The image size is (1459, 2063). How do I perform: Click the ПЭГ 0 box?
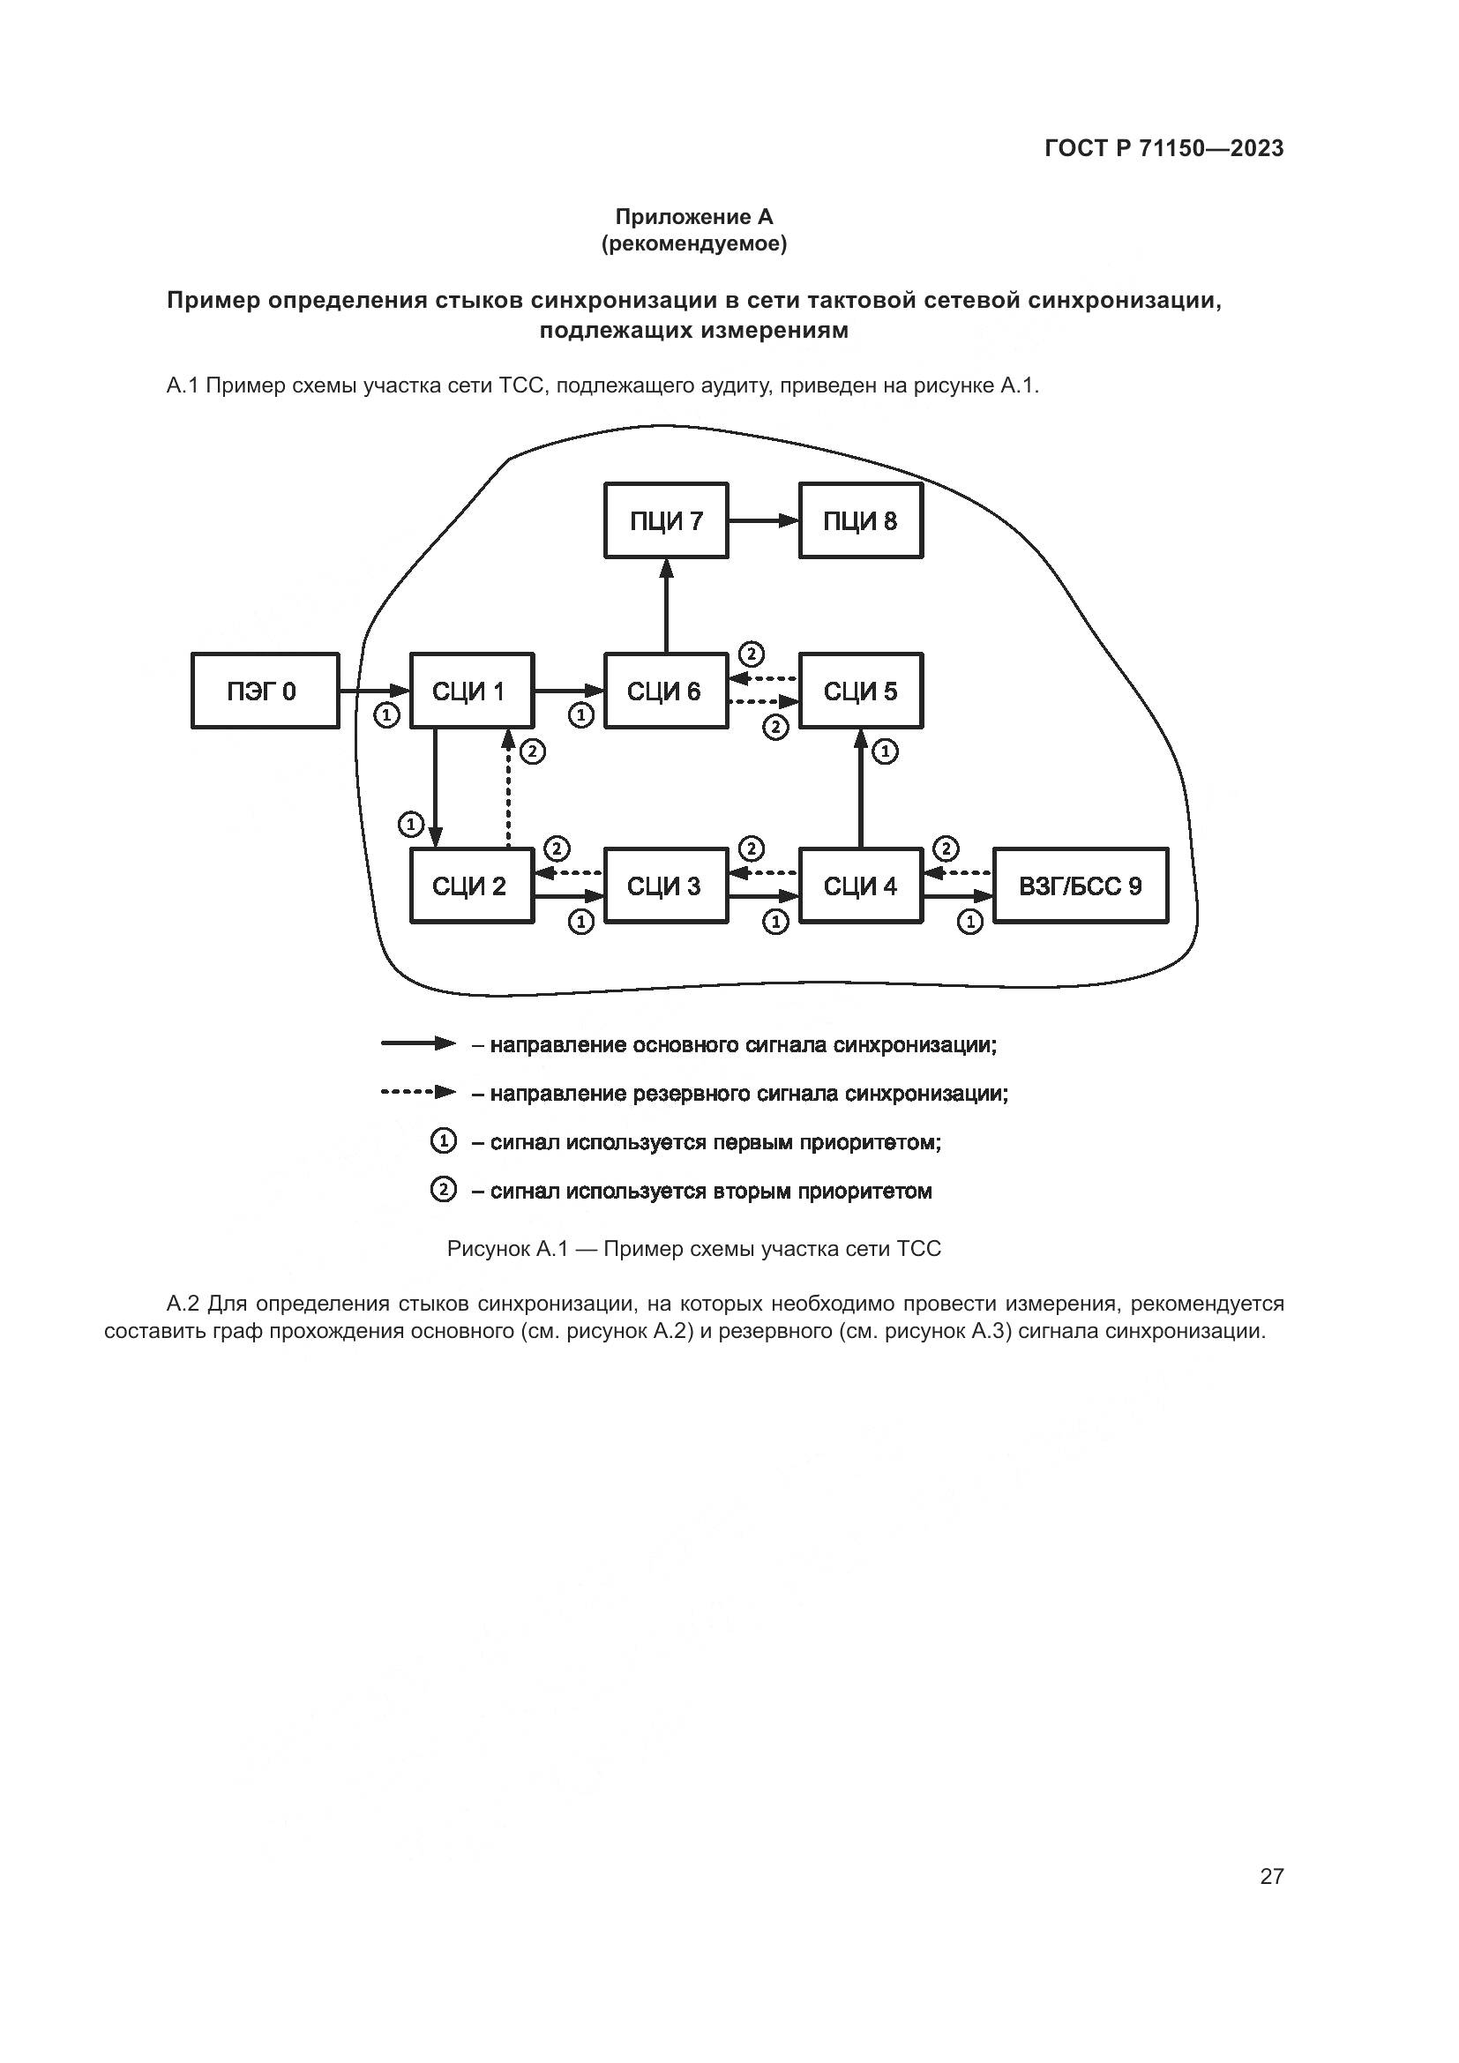click(x=265, y=691)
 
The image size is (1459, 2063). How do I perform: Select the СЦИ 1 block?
click(x=472, y=691)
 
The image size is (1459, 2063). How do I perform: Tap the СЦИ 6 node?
click(x=666, y=691)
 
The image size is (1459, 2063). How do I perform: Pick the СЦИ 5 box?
click(x=861, y=691)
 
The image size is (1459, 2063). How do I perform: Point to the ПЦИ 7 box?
click(x=666, y=520)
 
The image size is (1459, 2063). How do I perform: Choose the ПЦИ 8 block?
click(x=861, y=520)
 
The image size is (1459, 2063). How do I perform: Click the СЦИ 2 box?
click(x=472, y=886)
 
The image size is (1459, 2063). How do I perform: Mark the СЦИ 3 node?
click(x=666, y=886)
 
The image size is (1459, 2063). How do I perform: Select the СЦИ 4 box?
click(x=861, y=886)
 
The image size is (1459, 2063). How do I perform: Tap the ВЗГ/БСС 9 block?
click(x=1081, y=886)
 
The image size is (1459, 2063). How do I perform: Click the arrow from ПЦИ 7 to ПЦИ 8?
click(x=764, y=520)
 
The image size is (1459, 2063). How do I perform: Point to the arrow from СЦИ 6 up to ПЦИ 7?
click(x=666, y=607)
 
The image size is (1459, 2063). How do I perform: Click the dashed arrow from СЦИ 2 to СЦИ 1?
click(x=507, y=790)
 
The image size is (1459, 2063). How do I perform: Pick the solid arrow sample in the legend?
click(x=419, y=1043)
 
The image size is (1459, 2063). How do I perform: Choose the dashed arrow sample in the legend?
click(x=419, y=1093)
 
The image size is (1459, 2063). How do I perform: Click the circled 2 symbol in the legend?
click(x=443, y=1191)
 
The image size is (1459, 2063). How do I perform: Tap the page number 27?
click(x=1271, y=1876)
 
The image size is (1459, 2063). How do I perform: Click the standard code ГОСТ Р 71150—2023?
click(x=1164, y=149)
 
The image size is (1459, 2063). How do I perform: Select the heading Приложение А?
click(x=693, y=217)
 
